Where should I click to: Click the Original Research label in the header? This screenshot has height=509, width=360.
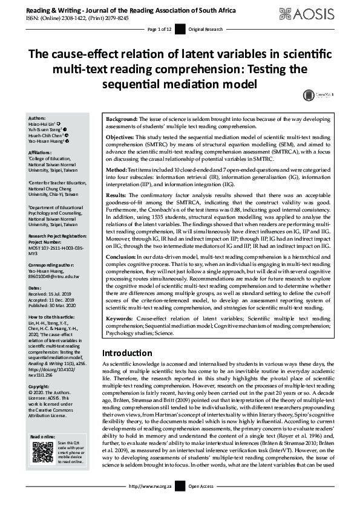click(206, 30)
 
